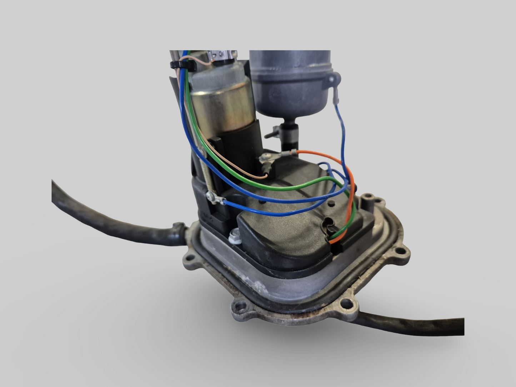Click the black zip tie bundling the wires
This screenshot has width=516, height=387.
pyautogui.click(x=183, y=66)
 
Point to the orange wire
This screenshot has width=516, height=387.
pyautogui.click(x=348, y=200)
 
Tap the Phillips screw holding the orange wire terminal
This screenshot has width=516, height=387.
pyautogui.click(x=266, y=156)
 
